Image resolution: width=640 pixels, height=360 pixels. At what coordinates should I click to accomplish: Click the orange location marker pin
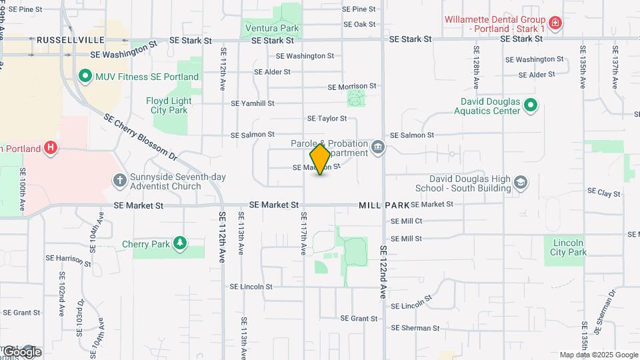(320, 160)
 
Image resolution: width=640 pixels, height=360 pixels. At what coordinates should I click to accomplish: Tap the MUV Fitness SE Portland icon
(85, 77)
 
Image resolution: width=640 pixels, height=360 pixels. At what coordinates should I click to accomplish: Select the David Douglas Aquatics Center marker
(530, 106)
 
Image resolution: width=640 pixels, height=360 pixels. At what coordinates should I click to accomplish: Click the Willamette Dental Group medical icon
(555, 24)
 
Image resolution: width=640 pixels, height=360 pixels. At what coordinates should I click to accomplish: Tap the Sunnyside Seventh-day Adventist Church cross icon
(119, 181)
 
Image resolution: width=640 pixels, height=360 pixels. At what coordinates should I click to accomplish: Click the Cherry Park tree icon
(179, 244)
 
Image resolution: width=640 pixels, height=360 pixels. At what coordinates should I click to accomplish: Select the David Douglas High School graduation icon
(521, 183)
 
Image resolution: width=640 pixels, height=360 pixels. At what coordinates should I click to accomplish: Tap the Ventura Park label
(272, 28)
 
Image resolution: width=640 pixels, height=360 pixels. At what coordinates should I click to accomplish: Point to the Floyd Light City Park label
(169, 105)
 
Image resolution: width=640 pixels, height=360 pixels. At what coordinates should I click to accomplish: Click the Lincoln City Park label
(569, 247)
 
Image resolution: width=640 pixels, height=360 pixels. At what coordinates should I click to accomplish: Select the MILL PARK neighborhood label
(384, 205)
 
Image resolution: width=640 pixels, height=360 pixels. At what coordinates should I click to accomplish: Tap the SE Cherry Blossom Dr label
(140, 137)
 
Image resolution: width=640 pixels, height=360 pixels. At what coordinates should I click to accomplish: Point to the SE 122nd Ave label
(383, 271)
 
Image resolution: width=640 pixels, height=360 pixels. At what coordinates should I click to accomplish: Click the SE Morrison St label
(352, 87)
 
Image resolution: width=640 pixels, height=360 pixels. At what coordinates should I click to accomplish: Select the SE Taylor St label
(327, 119)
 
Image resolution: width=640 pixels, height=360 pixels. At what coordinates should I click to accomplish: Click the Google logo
(21, 352)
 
